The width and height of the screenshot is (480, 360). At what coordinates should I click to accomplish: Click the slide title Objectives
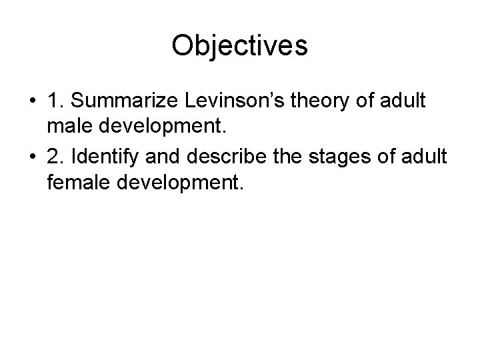[239, 46]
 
